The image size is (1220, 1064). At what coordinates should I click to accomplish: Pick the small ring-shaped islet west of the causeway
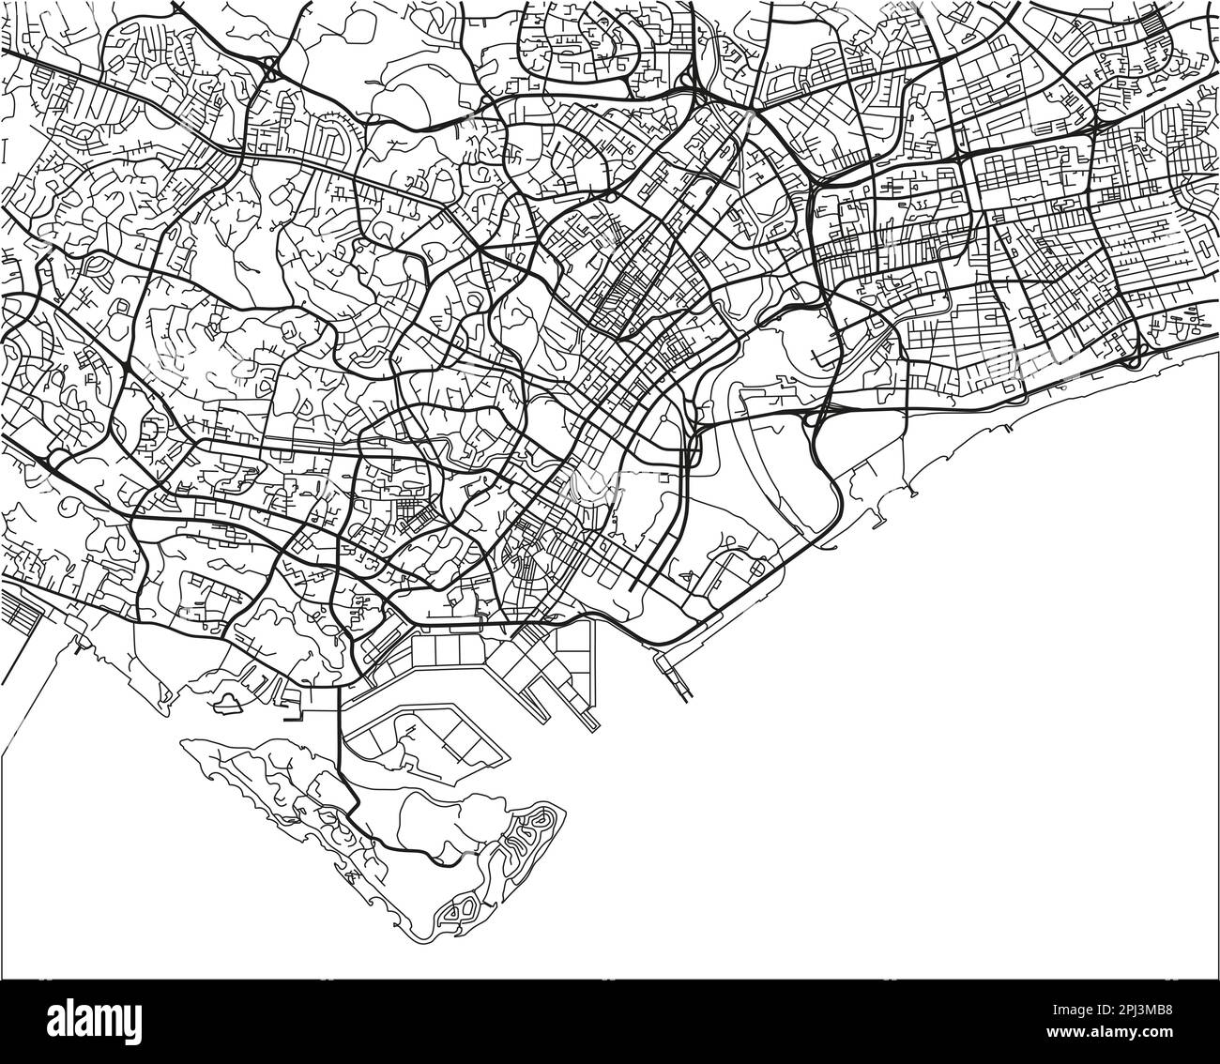(x=227, y=699)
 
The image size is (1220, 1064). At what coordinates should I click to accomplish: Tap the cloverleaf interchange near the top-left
(x=271, y=69)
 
